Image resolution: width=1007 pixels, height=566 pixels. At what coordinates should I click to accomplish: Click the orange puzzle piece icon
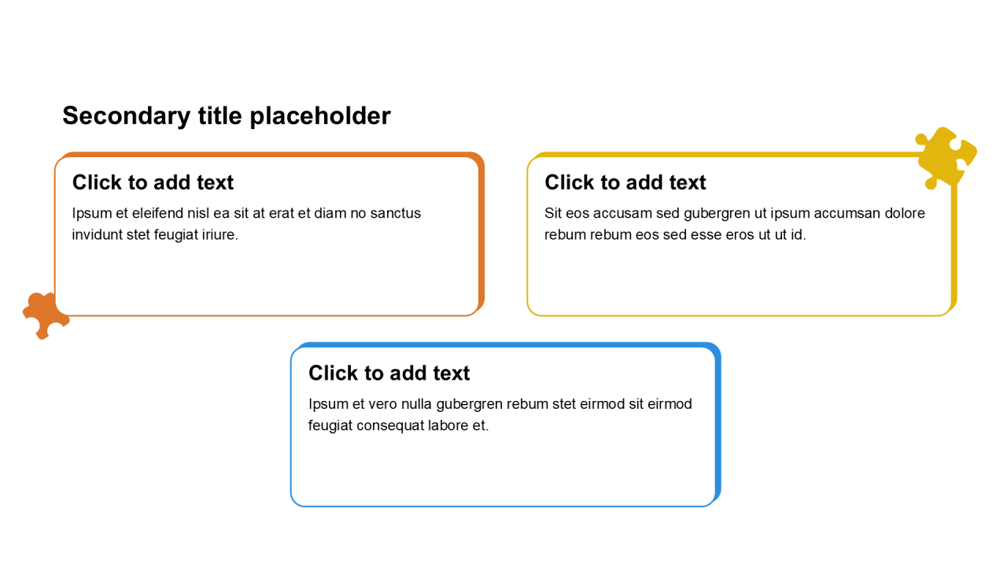point(45,315)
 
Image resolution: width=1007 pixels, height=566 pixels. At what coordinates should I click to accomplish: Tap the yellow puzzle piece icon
point(946,158)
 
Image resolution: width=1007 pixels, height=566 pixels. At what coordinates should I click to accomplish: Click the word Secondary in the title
point(127,116)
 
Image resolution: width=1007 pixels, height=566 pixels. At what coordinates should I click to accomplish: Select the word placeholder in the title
point(320,116)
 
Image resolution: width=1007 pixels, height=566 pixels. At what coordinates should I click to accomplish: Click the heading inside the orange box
point(153,182)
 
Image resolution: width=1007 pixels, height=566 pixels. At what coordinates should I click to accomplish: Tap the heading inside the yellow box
point(625,182)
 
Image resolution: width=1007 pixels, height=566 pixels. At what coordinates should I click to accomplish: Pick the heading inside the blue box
point(389,373)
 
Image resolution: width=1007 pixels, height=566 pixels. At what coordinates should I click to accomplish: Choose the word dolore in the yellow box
point(905,213)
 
